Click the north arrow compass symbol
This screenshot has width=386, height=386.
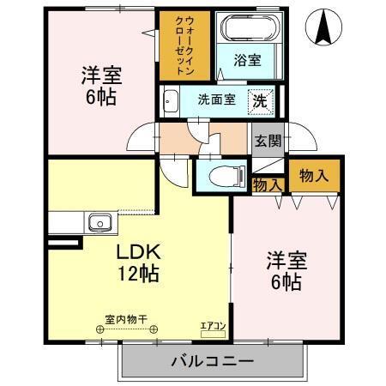(x=324, y=28)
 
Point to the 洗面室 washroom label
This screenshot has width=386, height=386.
(x=215, y=99)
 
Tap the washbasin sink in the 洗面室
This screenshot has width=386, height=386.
(x=169, y=99)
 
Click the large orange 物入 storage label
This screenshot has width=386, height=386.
(x=312, y=174)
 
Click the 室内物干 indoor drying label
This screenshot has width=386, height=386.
(x=126, y=320)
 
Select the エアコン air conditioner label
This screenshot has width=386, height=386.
(x=212, y=326)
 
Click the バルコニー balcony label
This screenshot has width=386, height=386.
(x=210, y=361)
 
